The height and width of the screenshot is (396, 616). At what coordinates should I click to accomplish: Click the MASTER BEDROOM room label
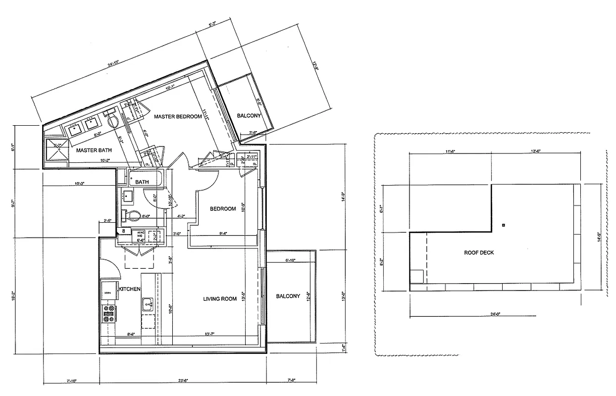[x=178, y=116]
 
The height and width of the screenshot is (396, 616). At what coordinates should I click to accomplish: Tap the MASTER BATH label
[x=94, y=150]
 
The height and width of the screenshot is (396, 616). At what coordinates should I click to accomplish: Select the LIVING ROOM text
[x=220, y=299]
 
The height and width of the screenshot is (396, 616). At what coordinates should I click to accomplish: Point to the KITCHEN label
[x=130, y=289]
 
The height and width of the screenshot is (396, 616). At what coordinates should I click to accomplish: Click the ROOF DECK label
[x=479, y=252]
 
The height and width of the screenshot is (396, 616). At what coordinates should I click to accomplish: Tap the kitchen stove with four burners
[x=108, y=313]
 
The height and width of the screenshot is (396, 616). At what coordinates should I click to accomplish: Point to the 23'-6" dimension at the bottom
[x=183, y=380]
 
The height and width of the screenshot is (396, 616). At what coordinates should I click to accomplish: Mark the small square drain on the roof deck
[x=504, y=225]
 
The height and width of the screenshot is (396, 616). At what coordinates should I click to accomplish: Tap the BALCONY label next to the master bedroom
[x=249, y=116]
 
